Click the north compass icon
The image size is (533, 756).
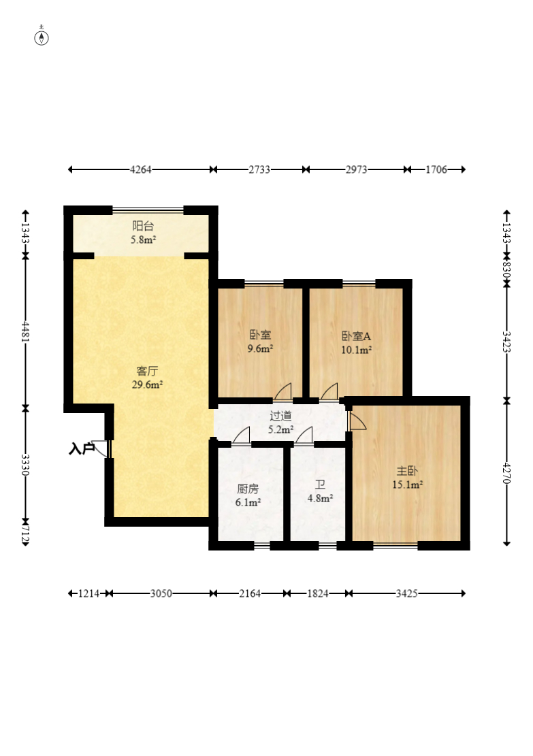click(42, 36)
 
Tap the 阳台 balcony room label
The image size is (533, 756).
click(143, 226)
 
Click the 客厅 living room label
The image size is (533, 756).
click(147, 371)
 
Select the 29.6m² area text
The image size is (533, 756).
click(147, 384)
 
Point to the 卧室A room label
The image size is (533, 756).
click(356, 336)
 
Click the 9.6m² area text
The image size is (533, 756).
click(261, 348)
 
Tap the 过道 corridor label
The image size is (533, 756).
click(280, 416)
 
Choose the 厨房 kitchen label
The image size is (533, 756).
click(248, 489)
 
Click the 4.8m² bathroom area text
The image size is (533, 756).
click(321, 498)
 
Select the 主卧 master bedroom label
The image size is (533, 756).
click(407, 471)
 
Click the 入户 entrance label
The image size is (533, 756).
click(81, 449)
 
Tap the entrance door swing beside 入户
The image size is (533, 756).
click(100, 448)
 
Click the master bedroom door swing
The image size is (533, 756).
click(357, 421)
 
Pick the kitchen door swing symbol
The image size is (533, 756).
click(241, 435)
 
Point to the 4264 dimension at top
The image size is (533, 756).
click(141, 169)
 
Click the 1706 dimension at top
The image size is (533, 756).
click(436, 169)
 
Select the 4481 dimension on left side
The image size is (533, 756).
click(26, 331)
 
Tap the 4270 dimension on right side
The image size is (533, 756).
click(506, 473)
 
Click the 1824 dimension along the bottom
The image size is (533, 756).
click(318, 593)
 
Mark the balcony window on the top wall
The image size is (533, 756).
click(148, 210)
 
